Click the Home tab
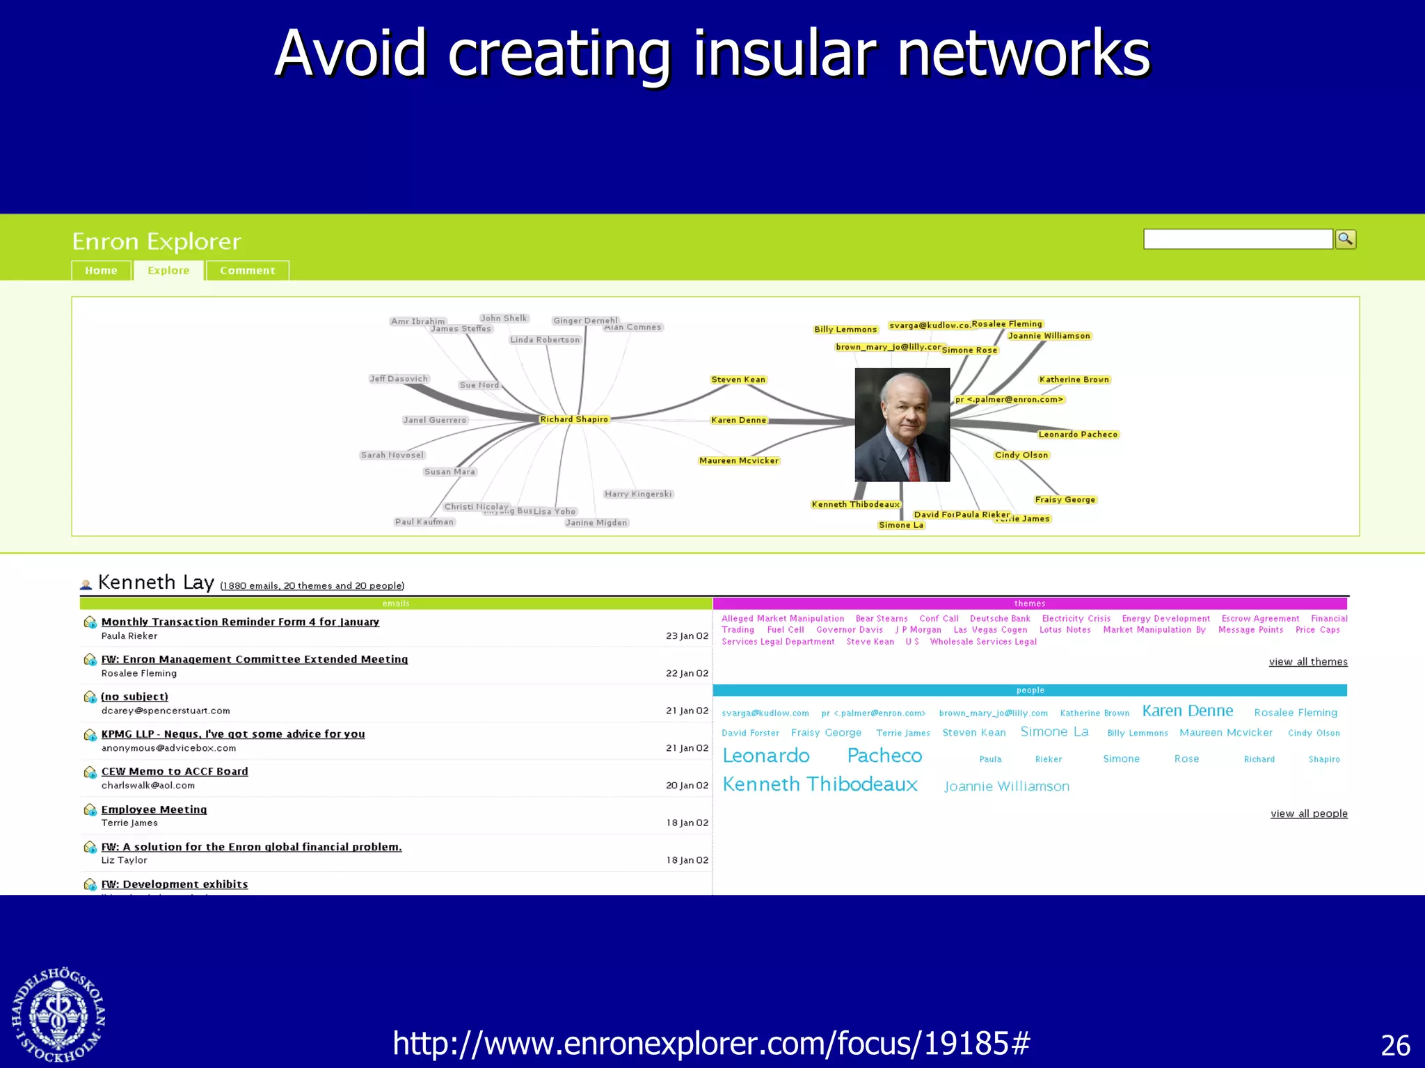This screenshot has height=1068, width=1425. point(101,270)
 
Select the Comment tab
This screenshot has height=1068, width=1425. point(247,270)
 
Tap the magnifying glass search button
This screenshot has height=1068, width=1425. point(1346,239)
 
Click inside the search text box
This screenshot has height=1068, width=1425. point(1237,239)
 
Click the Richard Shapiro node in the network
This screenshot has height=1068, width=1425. point(574,419)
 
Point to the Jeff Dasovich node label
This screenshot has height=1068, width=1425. point(399,379)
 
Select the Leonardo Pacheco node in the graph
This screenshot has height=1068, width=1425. point(1078,435)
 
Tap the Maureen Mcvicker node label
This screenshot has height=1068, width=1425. point(739,461)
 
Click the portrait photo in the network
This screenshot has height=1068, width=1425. point(902,424)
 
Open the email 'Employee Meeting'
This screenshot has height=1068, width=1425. point(154,809)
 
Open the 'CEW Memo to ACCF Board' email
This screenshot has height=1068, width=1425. point(175,771)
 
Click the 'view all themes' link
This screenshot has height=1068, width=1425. point(1308,662)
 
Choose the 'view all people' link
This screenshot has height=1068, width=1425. point(1309,814)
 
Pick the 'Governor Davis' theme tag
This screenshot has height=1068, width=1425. point(850,630)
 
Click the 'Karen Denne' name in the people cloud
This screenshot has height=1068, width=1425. point(1188,711)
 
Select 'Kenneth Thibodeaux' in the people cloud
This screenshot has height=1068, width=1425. point(820,784)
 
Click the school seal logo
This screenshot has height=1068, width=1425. point(58,1014)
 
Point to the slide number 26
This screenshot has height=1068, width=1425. point(1395,1046)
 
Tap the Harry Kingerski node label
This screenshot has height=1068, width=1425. point(638,494)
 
